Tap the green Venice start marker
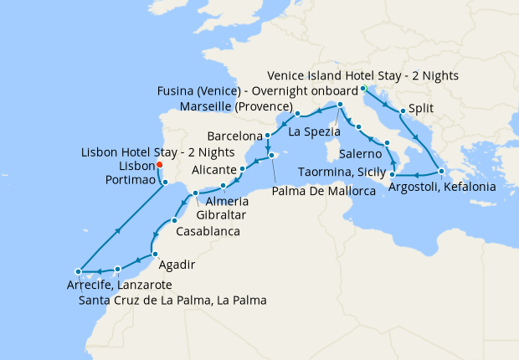click(363, 89)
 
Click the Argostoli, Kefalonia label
click(442, 187)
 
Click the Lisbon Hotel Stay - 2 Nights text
click(157, 152)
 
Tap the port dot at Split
click(403, 111)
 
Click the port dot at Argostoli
click(441, 172)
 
